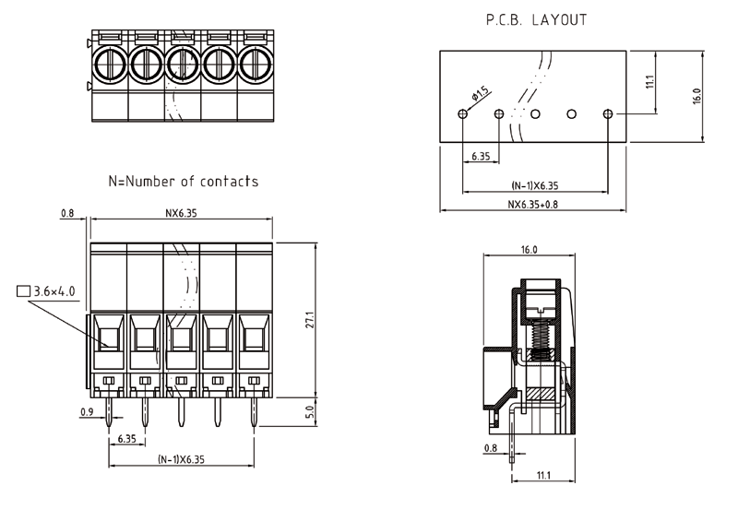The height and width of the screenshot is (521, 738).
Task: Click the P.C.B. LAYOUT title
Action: tap(535, 19)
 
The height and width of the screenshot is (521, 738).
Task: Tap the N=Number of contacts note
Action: tap(183, 182)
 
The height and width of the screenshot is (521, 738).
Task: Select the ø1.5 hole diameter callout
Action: tap(481, 94)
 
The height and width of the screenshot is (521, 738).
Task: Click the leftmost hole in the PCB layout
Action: tap(463, 114)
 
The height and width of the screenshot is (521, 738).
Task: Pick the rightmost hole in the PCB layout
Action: tap(607, 114)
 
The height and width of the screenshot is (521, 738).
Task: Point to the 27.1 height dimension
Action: tap(311, 321)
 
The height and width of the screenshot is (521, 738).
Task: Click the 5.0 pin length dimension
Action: tap(311, 411)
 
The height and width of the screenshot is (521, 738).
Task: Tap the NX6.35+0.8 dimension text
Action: tap(533, 204)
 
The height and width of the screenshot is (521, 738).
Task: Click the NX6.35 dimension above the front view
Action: tap(181, 213)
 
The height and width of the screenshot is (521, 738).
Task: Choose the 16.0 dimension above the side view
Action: tap(529, 250)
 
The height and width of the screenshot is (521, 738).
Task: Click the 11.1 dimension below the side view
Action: tap(542, 475)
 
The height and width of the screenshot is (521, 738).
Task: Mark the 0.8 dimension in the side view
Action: tap(491, 448)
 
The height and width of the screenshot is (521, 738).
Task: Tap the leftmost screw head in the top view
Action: tap(109, 64)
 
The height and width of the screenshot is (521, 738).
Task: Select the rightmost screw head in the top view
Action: tap(256, 64)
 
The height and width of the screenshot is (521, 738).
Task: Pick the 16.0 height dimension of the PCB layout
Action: tap(696, 96)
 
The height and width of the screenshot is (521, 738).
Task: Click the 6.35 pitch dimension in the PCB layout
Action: tap(481, 157)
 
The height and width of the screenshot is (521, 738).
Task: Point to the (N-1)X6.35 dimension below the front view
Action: tap(181, 458)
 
